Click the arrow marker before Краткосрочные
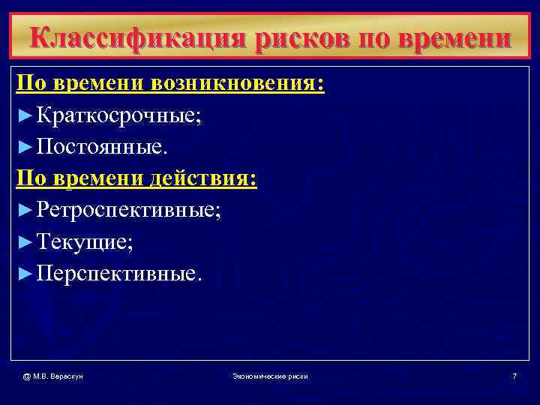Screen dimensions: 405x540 point(24,116)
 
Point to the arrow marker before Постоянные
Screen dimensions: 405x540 point(24,148)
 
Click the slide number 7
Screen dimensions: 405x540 point(514,375)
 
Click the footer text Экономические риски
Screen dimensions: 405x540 point(270,375)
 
